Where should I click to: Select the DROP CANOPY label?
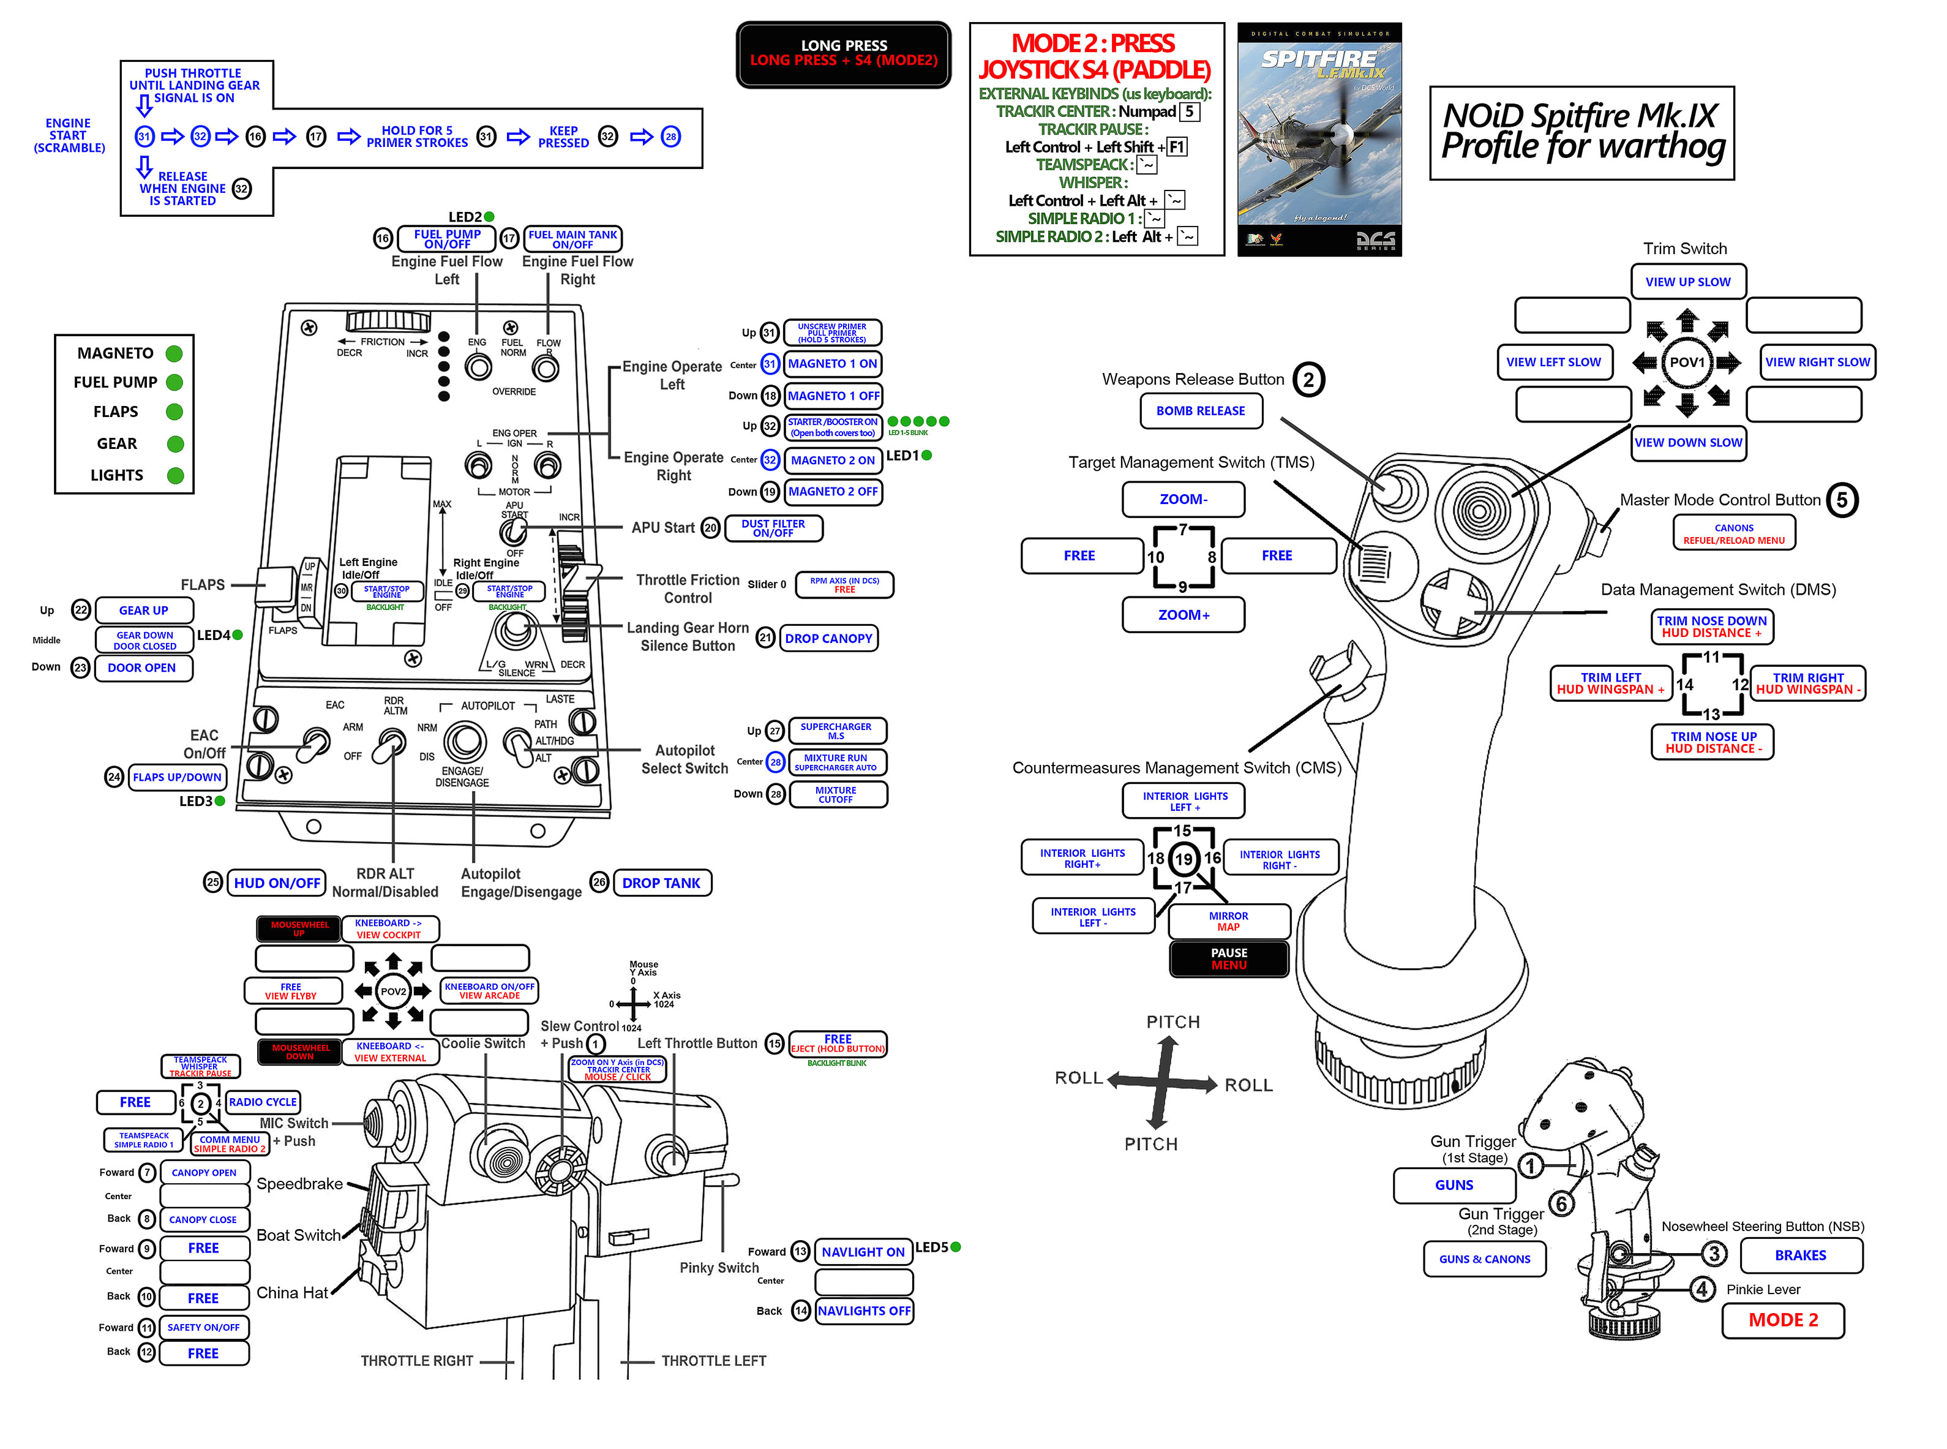tap(828, 639)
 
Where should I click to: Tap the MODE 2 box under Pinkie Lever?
tap(1782, 1320)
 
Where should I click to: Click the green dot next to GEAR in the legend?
tap(175, 444)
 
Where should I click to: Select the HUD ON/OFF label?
tap(276, 883)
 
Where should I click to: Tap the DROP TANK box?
tap(661, 883)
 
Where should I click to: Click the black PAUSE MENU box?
tap(1228, 958)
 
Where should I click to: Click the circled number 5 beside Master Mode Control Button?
tap(1842, 500)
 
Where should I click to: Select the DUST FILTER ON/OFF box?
tap(773, 528)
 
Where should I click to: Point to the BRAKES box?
tap(1801, 1255)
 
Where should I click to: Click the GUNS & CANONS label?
tap(1484, 1259)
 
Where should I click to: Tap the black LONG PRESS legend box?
tap(843, 53)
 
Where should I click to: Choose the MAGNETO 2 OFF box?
tap(832, 492)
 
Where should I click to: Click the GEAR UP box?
tap(144, 611)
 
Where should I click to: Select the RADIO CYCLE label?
tap(262, 1102)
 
